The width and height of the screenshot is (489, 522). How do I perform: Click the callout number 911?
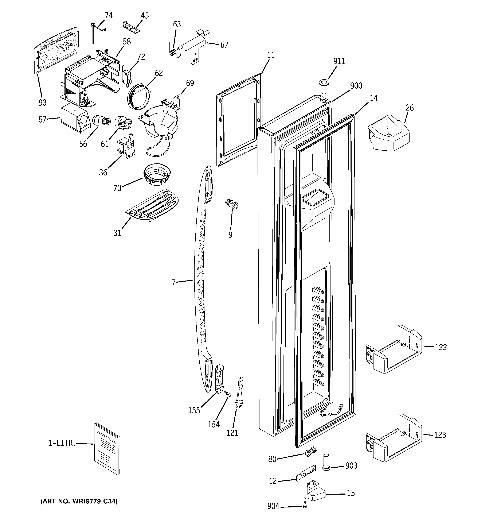pyautogui.click(x=339, y=61)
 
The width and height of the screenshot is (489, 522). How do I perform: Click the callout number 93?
pyautogui.click(x=43, y=103)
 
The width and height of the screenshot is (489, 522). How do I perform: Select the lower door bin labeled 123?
pyautogui.click(x=394, y=439)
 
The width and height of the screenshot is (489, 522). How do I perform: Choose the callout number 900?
pyautogui.click(x=356, y=86)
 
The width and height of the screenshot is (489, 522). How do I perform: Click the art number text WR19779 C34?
pyautogui.click(x=79, y=502)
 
